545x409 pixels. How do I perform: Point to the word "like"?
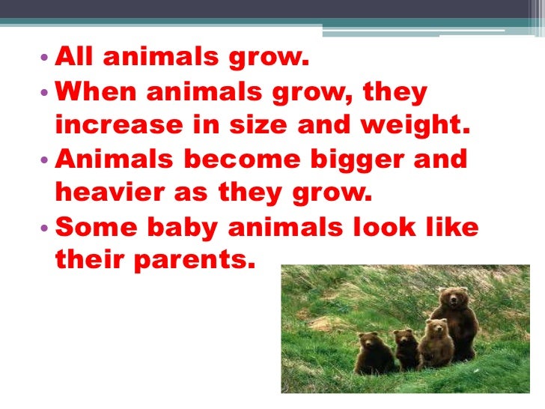452,226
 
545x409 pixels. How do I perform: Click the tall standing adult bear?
457,322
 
